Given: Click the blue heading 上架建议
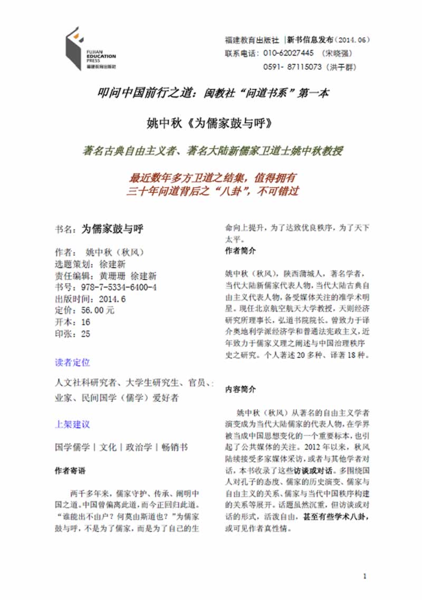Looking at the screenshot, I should [x=72, y=424].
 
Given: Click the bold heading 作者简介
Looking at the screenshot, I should [x=241, y=250].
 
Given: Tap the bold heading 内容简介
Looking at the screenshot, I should [x=241, y=389].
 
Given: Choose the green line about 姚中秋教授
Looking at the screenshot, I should [x=213, y=151].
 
